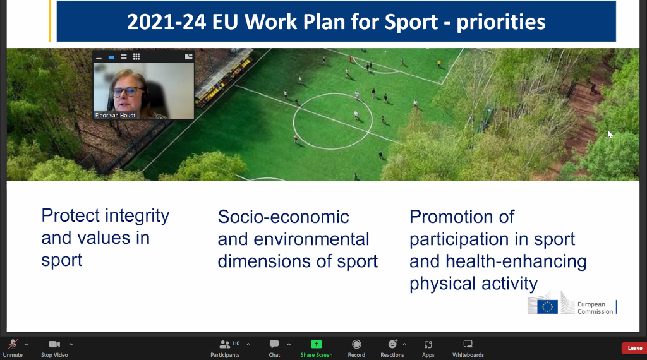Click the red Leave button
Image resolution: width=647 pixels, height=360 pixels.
click(634, 348)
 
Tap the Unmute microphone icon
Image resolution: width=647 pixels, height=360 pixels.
click(13, 344)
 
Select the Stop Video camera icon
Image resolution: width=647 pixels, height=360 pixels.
click(54, 344)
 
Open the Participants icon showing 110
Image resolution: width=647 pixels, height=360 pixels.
click(225, 344)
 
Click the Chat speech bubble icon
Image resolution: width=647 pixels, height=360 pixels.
click(274, 344)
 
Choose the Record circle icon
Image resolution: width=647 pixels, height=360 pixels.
click(356, 344)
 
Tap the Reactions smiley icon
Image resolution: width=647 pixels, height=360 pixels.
click(392, 344)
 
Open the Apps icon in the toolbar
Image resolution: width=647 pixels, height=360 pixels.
click(428, 344)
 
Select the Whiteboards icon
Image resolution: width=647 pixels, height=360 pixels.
click(468, 344)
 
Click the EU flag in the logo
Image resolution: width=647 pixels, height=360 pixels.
click(548, 307)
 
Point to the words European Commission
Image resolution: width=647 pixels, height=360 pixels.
click(595, 308)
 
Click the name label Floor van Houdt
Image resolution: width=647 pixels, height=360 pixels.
click(115, 116)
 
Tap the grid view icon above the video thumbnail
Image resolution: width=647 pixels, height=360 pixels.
click(136, 56)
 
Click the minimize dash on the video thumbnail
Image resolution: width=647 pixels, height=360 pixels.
click(99, 58)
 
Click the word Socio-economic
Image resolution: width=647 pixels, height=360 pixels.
click(284, 217)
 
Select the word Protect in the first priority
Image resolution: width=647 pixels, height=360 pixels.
click(71, 215)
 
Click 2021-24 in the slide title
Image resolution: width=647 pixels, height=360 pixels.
click(166, 22)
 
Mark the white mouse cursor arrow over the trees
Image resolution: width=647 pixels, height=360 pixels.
click(610, 135)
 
